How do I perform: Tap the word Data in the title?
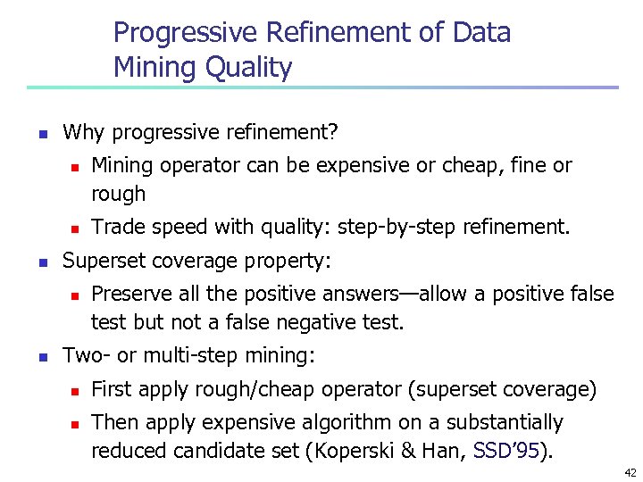(482, 34)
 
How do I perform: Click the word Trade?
(118, 228)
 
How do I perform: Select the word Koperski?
(352, 451)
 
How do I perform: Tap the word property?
(287, 262)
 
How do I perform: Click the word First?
(111, 388)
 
